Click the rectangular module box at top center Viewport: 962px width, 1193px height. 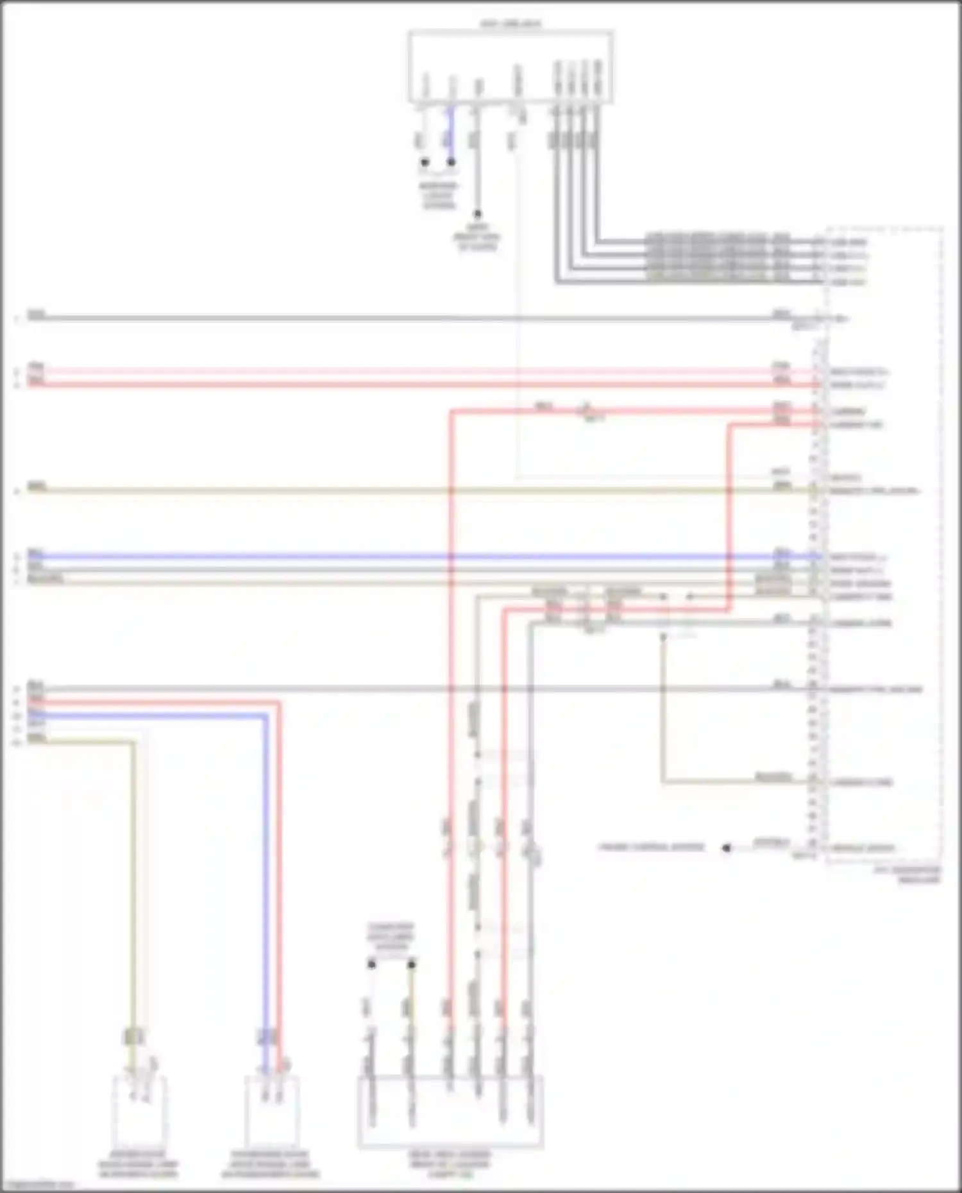click(511, 67)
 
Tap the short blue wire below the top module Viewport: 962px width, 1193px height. click(451, 135)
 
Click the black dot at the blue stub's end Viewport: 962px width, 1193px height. click(451, 162)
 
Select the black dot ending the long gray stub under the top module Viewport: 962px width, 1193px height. click(477, 214)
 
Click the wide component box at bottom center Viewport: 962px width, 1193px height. click(450, 1112)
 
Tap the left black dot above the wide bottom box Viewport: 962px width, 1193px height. click(371, 964)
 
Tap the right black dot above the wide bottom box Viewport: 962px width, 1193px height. click(411, 964)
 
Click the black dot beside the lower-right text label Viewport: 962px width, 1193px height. click(726, 847)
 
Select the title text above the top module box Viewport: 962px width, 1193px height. click(511, 24)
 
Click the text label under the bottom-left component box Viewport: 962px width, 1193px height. click(138, 1164)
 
